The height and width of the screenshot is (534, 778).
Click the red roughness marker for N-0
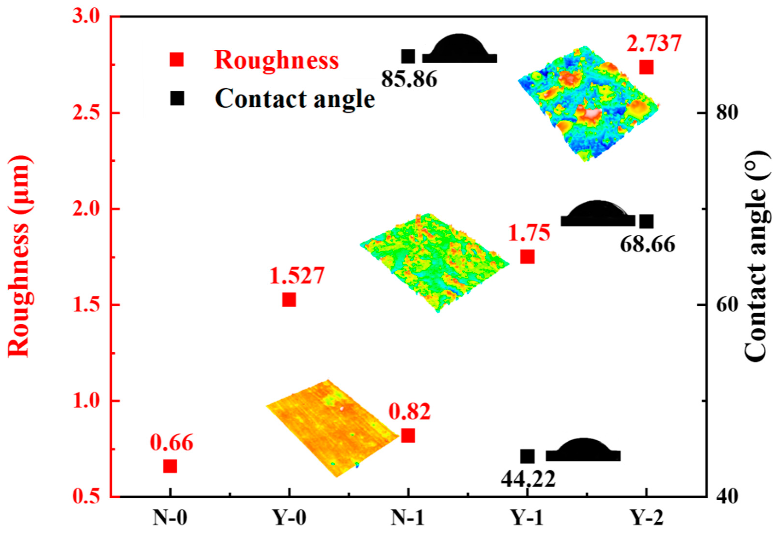[x=170, y=466]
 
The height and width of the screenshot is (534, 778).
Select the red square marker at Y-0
[x=289, y=300]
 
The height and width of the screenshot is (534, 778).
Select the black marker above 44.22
[x=527, y=456]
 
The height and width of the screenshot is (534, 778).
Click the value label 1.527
[x=297, y=276]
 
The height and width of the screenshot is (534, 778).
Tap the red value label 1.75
[x=529, y=233]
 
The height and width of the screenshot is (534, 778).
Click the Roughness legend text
[x=276, y=60]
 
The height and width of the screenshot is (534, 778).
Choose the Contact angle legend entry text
[x=295, y=99]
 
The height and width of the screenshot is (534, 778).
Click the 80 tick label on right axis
[x=726, y=113]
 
